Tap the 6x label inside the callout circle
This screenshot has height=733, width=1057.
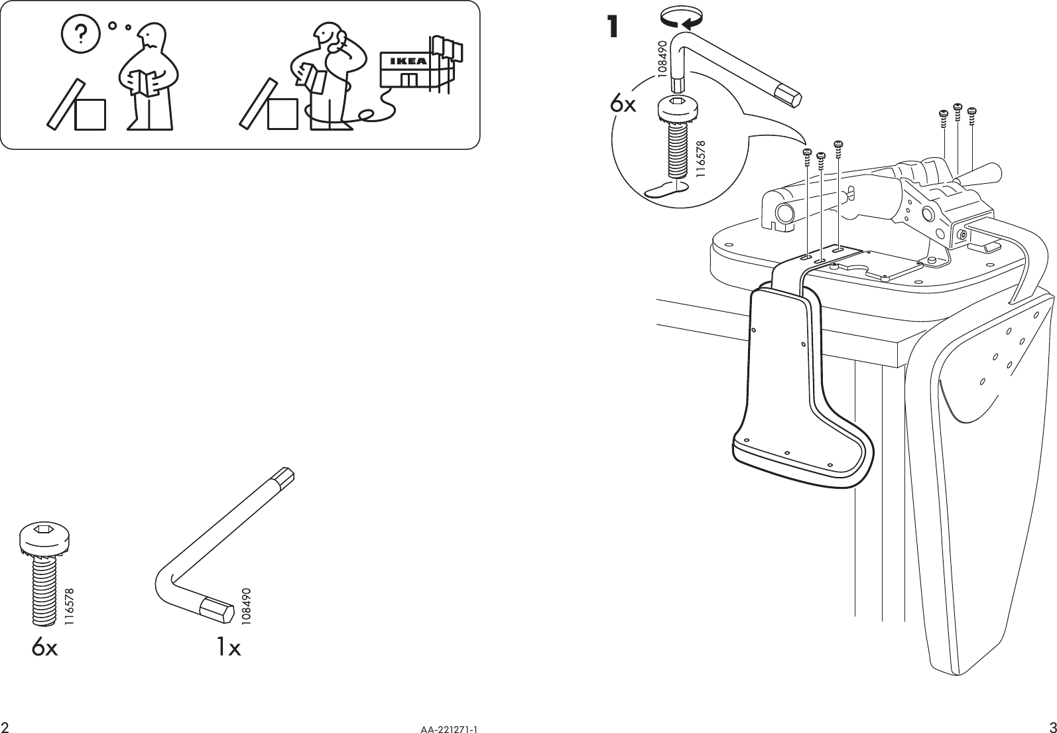click(623, 104)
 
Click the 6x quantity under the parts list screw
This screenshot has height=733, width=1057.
click(44, 647)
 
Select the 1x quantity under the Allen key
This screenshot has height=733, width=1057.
click(228, 647)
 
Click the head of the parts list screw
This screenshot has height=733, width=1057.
click(44, 536)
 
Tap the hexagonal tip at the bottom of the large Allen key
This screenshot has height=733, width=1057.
click(218, 608)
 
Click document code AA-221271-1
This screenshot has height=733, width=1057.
click(449, 728)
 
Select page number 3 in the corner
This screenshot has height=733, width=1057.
click(1051, 724)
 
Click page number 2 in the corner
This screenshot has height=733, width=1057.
click(5, 725)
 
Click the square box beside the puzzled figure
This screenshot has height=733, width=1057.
click(90, 114)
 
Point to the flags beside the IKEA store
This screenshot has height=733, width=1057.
click(447, 48)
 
